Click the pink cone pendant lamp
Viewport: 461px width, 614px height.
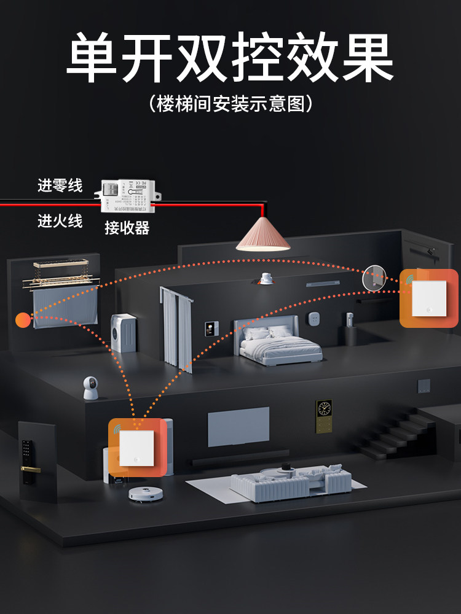coord(263,234)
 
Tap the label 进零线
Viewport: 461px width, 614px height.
coord(60,185)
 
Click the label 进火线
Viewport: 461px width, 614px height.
coord(60,221)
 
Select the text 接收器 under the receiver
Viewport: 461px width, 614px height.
coord(127,228)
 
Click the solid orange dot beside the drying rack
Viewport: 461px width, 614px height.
coord(23,320)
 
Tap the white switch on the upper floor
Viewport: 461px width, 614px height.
coord(429,298)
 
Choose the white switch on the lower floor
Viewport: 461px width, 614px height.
coord(136,448)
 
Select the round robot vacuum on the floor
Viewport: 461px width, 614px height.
coord(145,492)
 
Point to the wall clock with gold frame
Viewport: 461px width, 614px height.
coord(323,409)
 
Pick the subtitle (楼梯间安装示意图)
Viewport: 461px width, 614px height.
coord(230,103)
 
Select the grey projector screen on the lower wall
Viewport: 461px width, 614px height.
coord(238,426)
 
